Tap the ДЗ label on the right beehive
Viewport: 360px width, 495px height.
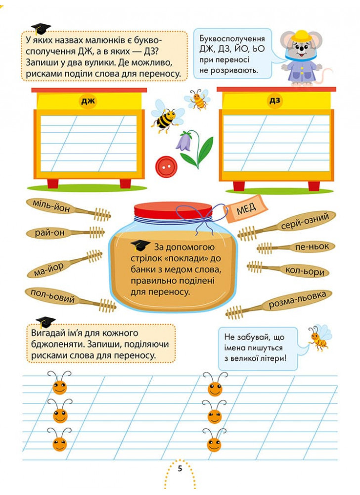point(275,100)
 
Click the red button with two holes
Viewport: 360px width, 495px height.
point(166,166)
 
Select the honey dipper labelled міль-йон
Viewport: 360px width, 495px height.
point(68,210)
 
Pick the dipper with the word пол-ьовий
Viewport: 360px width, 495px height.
point(70,299)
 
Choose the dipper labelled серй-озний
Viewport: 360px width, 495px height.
point(286,225)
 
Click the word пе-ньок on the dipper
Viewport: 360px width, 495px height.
point(312,247)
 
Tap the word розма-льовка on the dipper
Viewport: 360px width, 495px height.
point(297,300)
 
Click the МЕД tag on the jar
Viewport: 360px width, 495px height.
point(246,209)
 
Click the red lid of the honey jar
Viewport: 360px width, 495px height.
point(173,210)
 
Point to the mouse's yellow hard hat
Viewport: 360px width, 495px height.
point(301,36)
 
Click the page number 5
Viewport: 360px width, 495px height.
point(180,468)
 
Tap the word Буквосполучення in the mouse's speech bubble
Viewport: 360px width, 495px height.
point(232,39)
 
